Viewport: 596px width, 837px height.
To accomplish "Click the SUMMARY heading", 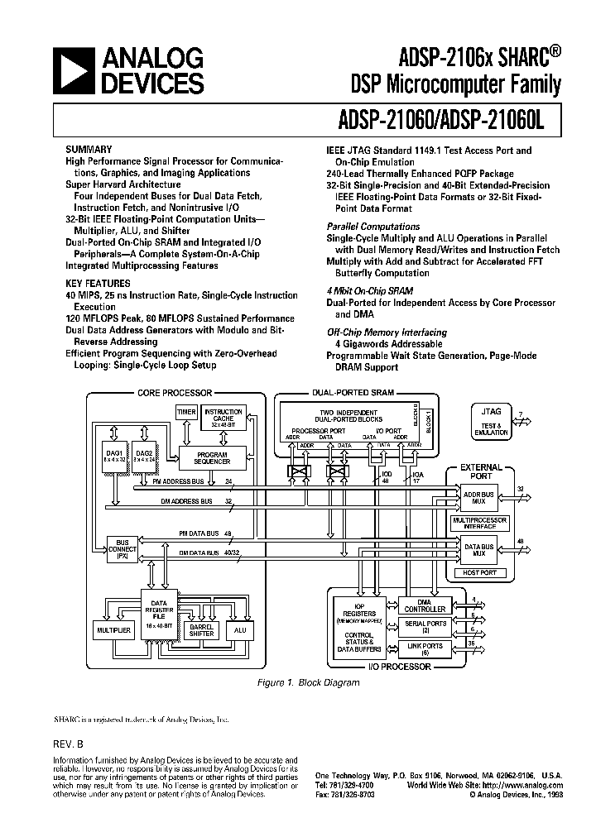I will pyautogui.click(x=89, y=151).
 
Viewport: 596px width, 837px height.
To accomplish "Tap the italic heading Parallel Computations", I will pyautogui.click(x=372, y=227).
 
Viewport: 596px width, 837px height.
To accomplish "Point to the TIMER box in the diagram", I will pyautogui.click(x=186, y=413).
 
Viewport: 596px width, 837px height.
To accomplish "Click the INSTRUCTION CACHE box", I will pyautogui.click(x=223, y=418).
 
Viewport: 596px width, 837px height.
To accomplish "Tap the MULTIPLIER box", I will pyautogui.click(x=114, y=630).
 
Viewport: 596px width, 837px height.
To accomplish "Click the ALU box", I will pyautogui.click(x=241, y=630).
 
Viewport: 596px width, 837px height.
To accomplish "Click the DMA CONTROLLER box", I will pyautogui.click(x=425, y=605).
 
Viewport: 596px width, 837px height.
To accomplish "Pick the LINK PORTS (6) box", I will pyautogui.click(x=425, y=648).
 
